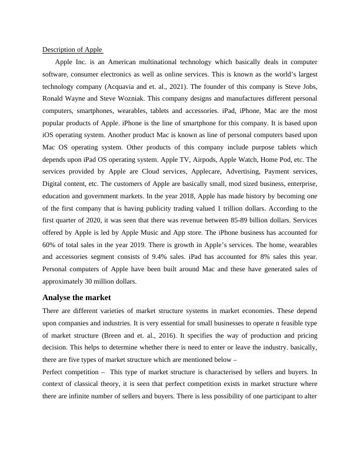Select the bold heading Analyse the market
76,298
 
